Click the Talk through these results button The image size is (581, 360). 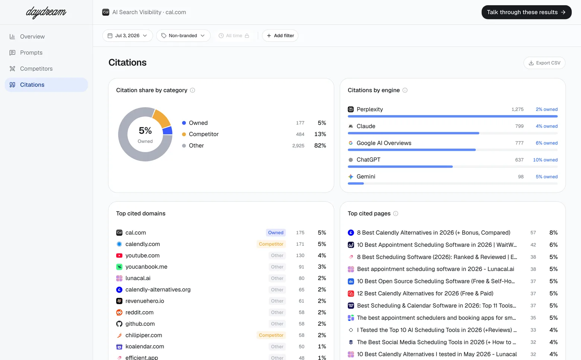(x=526, y=12)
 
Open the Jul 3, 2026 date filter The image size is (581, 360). (x=127, y=35)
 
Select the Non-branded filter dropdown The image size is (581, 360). (x=183, y=35)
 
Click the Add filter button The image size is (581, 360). (x=280, y=35)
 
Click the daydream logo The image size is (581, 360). (x=46, y=12)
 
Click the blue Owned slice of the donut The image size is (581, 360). (x=168, y=130)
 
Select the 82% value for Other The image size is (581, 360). (x=320, y=146)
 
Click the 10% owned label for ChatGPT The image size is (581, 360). (x=545, y=160)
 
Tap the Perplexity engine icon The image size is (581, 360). (x=351, y=109)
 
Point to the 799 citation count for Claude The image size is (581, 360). (x=519, y=126)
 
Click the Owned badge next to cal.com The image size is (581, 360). (x=276, y=233)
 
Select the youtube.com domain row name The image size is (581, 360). (x=142, y=255)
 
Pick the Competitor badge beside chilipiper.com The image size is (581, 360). (x=271, y=335)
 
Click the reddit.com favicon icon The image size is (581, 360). (x=119, y=313)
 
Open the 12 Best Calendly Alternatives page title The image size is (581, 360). (x=425, y=293)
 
